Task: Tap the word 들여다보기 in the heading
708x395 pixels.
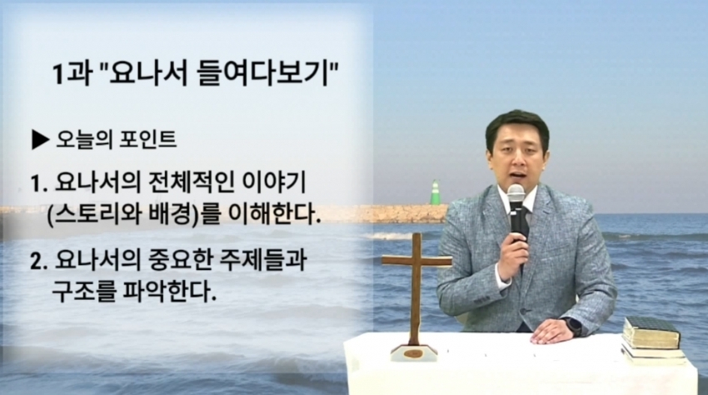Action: (x=263, y=73)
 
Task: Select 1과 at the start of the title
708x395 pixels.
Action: (x=71, y=73)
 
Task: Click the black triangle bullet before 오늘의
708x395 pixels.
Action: (x=41, y=140)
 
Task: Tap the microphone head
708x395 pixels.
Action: (x=516, y=194)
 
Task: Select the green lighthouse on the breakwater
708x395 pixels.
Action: (x=436, y=193)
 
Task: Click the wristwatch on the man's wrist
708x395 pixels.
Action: (x=571, y=327)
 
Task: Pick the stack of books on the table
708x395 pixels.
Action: (x=653, y=341)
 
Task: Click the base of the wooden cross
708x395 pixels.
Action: (x=415, y=352)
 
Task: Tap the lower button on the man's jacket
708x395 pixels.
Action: (x=522, y=312)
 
